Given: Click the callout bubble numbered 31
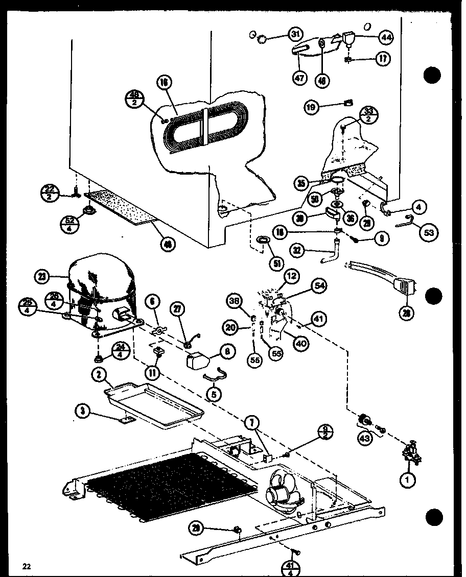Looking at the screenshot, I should tap(295, 35).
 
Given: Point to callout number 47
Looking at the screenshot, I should tap(299, 79).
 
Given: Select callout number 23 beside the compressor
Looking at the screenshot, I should tap(42, 278).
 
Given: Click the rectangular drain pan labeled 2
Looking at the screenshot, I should tap(153, 403).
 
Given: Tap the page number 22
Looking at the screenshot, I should tap(26, 565).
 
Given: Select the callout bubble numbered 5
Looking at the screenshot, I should tap(215, 394).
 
